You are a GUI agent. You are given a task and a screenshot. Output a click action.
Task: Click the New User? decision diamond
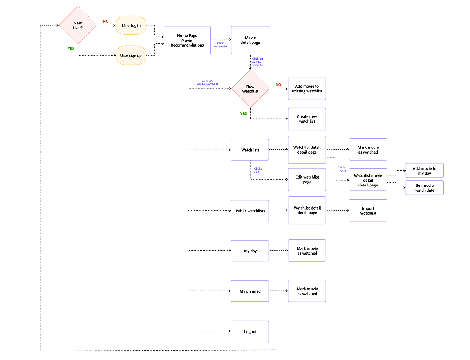tap(78, 25)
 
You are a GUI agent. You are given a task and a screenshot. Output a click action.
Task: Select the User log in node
tap(131, 25)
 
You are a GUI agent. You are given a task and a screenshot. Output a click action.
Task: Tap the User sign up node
tap(131, 55)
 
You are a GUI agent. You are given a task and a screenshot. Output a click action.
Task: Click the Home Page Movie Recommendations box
tap(187, 40)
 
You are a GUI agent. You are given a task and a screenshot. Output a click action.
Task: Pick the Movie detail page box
tap(250, 40)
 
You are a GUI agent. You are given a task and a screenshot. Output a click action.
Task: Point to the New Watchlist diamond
tap(250, 89)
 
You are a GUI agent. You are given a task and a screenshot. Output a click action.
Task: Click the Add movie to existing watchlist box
tap(307, 89)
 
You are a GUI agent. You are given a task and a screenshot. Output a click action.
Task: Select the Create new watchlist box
tap(307, 119)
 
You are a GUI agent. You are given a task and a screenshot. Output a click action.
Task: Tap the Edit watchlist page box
tap(307, 179)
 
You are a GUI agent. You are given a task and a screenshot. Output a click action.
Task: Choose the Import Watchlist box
tap(368, 210)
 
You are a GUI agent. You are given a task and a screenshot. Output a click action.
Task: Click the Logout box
tap(250, 331)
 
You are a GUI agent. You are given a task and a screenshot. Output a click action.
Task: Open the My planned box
tap(250, 291)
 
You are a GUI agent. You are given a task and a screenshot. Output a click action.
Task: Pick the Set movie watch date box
tap(424, 188)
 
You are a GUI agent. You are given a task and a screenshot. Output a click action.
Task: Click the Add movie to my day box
tap(424, 170)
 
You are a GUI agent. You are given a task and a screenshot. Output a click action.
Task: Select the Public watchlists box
tap(250, 210)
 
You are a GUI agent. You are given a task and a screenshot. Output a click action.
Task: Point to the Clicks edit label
tap(258, 170)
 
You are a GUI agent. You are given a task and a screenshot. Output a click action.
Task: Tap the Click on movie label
tap(220, 45)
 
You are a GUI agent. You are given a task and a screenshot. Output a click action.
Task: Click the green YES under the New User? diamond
tap(71, 49)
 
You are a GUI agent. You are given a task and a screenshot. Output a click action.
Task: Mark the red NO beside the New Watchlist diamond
tap(278, 85)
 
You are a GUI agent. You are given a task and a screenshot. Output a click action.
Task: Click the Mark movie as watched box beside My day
tap(307, 250)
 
